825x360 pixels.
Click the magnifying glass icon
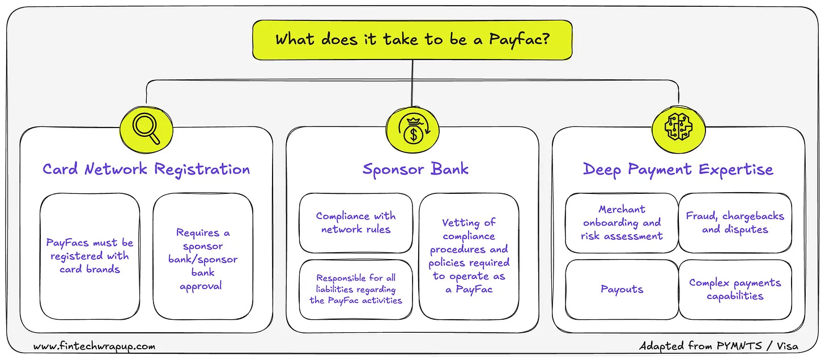[x=147, y=129]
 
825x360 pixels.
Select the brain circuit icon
[x=678, y=129]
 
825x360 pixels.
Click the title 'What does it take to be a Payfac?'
[x=412, y=40]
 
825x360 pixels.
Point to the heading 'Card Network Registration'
[x=146, y=169]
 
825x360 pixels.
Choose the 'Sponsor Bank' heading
[x=415, y=169]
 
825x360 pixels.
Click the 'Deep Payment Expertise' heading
[x=678, y=169]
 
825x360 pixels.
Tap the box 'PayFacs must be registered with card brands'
[x=90, y=256]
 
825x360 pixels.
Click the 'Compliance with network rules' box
[x=356, y=222]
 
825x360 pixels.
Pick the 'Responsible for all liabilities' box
[x=356, y=289]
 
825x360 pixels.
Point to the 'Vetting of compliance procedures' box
[x=469, y=256]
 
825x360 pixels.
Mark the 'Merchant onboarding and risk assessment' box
[x=622, y=222]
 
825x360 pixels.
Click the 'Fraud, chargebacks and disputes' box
[x=735, y=222]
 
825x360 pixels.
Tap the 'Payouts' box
[x=622, y=289]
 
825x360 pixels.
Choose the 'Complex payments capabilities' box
[x=735, y=289]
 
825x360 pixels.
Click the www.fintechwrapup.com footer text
[x=94, y=346]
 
